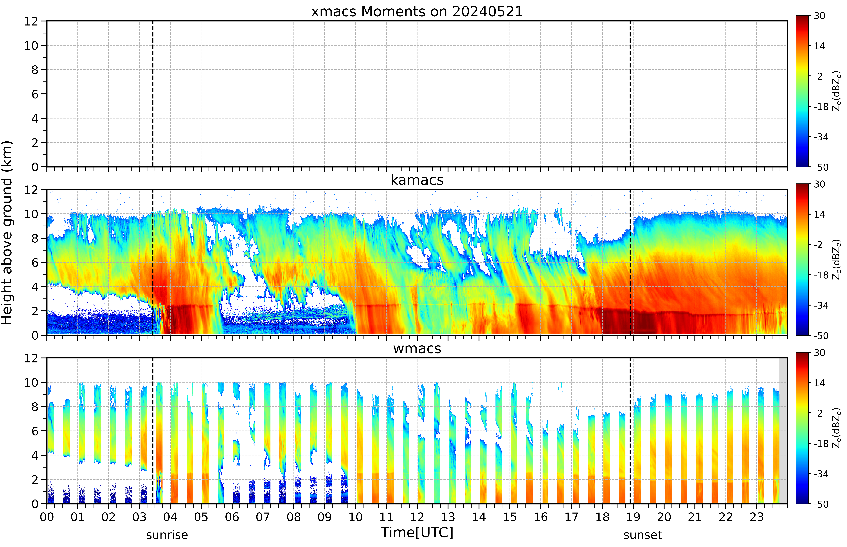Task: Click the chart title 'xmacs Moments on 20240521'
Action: point(417,12)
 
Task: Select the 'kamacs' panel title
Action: point(417,180)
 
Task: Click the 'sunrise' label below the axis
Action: point(167,535)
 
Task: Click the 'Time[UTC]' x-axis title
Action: point(417,532)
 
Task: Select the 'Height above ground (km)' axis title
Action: point(7,233)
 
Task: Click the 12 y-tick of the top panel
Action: point(31,21)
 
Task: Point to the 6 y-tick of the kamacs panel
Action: point(35,262)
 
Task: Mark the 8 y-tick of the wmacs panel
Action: point(35,407)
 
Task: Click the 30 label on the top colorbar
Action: point(819,16)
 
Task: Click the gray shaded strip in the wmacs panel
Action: point(783,431)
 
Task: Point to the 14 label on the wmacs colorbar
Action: point(819,383)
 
